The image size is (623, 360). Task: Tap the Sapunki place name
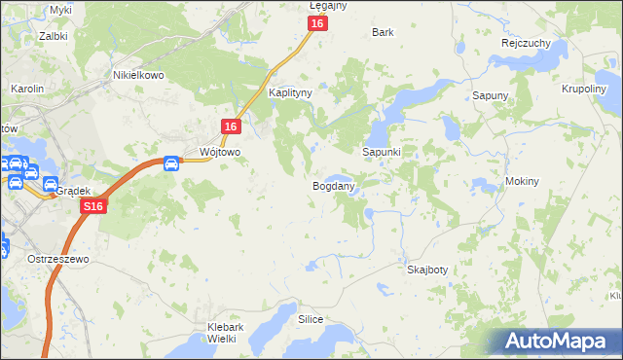click(x=382, y=153)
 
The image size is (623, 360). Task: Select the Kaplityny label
click(x=290, y=92)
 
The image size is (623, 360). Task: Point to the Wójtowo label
click(x=219, y=153)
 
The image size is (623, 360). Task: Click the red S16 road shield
click(x=93, y=207)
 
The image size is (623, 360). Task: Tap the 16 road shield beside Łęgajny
click(x=317, y=23)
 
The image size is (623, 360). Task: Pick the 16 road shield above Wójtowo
click(x=231, y=126)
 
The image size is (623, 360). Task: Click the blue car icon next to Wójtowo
click(x=171, y=162)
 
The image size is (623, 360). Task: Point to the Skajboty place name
click(x=427, y=270)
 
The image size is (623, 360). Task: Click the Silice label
click(x=311, y=319)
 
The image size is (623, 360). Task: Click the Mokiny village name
click(x=522, y=182)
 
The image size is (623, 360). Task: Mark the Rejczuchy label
click(x=526, y=44)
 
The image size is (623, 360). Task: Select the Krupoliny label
click(x=584, y=89)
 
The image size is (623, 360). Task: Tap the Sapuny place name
click(x=491, y=95)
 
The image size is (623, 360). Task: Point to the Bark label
click(x=383, y=32)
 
